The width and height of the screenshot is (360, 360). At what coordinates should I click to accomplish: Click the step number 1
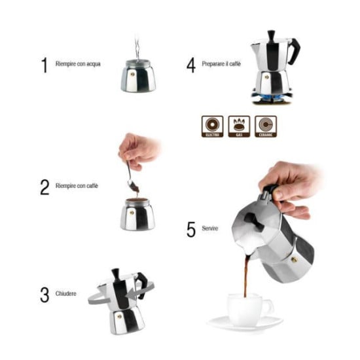tap(45, 65)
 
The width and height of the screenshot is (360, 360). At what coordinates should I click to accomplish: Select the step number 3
tap(45, 295)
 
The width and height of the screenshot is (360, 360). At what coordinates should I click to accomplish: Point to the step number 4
tap(190, 65)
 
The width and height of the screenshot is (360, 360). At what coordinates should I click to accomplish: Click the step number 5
tap(191, 230)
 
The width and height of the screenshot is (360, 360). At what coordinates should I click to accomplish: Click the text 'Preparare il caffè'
tap(221, 65)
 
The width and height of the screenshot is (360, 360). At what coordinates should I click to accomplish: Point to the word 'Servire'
tap(209, 228)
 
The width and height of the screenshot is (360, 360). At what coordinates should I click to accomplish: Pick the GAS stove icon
tap(239, 126)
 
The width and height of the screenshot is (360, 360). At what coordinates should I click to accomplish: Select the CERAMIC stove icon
tap(265, 126)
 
